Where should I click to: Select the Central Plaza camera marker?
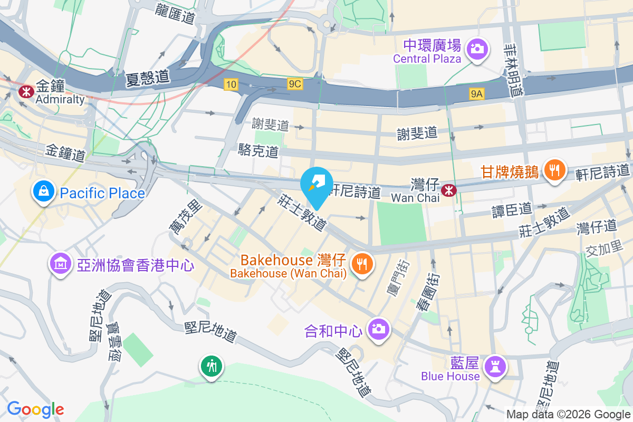click(x=477, y=49)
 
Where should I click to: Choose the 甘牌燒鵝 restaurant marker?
click(x=553, y=170)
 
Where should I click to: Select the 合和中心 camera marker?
click(x=378, y=329)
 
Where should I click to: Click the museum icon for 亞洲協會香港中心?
click(x=61, y=263)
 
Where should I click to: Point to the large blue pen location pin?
click(x=316, y=185)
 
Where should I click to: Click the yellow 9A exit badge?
click(x=477, y=94)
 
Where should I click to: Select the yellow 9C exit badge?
click(x=295, y=84)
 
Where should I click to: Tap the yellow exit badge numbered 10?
click(x=231, y=84)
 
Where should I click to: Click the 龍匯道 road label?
click(x=176, y=13)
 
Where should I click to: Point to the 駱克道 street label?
click(x=258, y=151)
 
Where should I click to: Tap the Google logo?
click(x=35, y=409)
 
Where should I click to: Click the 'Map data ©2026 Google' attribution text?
click(x=568, y=415)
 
